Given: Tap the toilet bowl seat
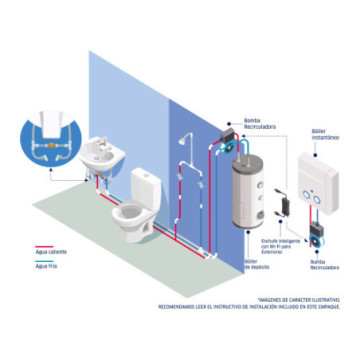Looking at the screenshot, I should tap(131, 212).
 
